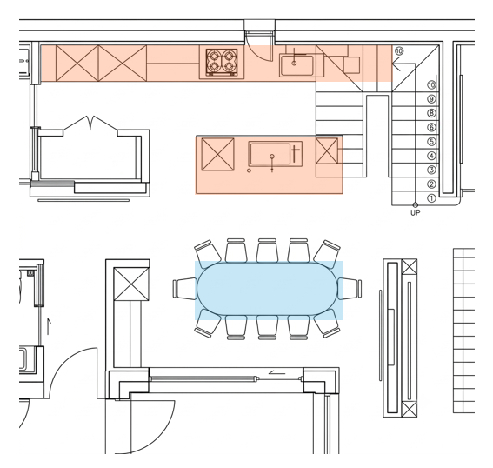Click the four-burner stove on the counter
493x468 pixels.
(222, 62)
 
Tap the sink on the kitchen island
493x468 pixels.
(270, 153)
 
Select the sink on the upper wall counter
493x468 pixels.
(297, 65)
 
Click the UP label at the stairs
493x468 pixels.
(415, 212)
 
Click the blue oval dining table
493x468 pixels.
(267, 289)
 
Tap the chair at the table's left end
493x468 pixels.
(184, 288)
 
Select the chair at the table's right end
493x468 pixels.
(350, 288)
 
